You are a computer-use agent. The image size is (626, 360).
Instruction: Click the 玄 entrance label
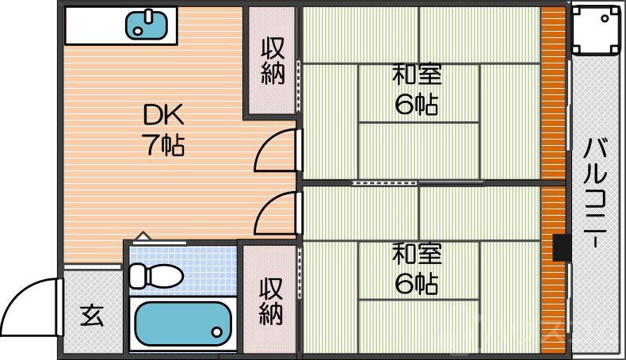click(90, 316)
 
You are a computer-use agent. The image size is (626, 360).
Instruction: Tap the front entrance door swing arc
click(28, 300)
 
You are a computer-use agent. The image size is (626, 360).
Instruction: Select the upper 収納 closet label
click(270, 60)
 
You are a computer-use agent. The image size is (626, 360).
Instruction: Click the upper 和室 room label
click(416, 76)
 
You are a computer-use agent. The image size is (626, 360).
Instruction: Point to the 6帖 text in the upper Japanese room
click(416, 105)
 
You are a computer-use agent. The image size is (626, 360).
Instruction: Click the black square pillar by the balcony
click(561, 247)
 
